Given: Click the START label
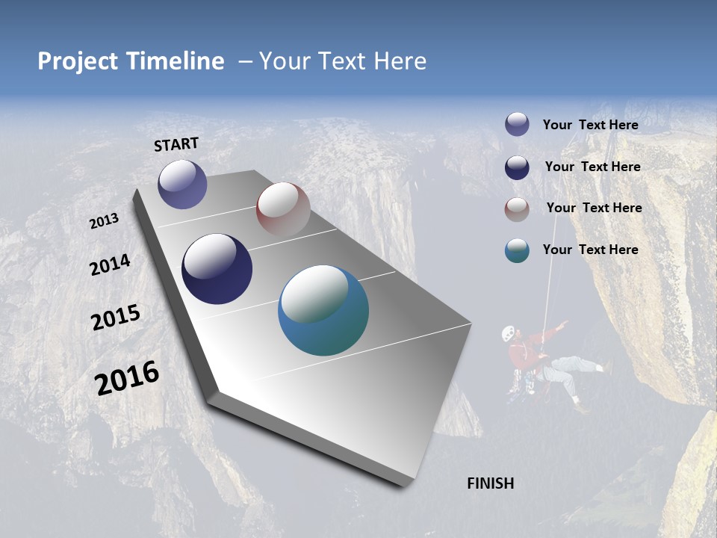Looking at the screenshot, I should [176, 144].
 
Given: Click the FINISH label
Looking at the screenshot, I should [491, 483].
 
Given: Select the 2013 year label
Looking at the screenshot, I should [104, 221].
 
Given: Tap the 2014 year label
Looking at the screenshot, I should [110, 265].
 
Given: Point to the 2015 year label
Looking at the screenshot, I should [115, 318].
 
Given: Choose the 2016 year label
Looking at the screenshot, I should [127, 378].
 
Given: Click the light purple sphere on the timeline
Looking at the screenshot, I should [182, 184].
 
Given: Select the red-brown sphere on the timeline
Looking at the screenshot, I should [283, 208].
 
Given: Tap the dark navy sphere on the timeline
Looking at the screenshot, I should [217, 269].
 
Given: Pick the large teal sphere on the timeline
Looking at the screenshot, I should [323, 310].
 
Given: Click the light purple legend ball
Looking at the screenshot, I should [517, 124].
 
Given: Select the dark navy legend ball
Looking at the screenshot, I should [517, 167].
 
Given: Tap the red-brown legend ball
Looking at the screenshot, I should [517, 208].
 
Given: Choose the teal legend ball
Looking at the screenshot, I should [517, 250].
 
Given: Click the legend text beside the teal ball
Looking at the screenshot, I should [590, 250].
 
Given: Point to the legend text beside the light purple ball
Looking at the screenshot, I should [590, 125].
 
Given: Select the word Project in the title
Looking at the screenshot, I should [78, 61].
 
